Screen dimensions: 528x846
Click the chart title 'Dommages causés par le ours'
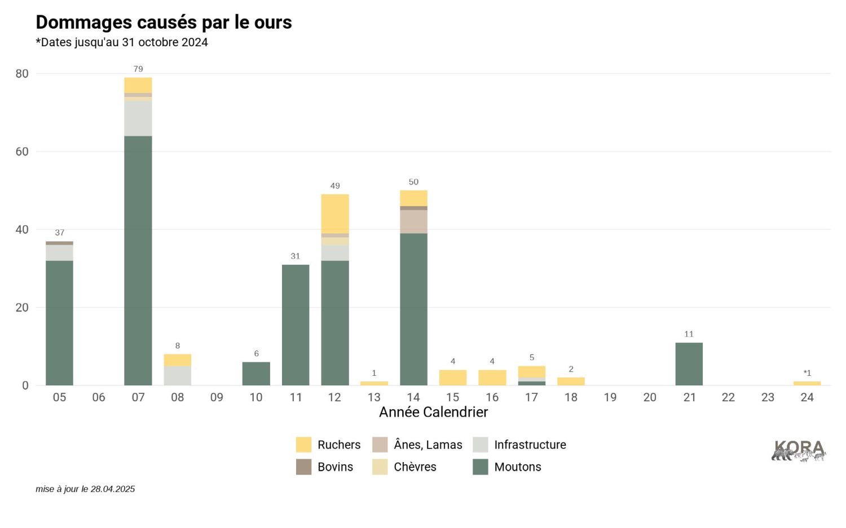pos(164,23)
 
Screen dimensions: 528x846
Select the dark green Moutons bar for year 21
pos(689,364)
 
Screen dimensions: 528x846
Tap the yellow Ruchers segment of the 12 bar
pos(335,214)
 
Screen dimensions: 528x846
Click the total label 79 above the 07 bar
pos(138,69)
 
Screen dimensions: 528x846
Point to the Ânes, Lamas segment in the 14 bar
pos(413,221)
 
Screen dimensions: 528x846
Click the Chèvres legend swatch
pos(380,467)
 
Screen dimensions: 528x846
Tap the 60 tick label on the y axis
pos(22,152)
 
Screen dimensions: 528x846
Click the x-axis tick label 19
pos(610,397)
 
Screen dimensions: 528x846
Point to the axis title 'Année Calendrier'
pos(433,412)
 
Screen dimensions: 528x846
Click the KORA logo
pos(799,451)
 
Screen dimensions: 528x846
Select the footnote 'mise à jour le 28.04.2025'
pos(85,489)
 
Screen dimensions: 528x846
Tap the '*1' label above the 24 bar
pos(807,373)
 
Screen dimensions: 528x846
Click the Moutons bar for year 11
pos(296,325)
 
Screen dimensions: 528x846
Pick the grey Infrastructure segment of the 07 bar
pos(138,118)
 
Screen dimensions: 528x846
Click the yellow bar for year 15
pos(453,378)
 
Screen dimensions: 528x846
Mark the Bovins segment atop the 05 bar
pos(59,243)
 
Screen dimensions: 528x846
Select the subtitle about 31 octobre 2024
pos(122,42)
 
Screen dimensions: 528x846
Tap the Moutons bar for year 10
pos(256,374)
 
